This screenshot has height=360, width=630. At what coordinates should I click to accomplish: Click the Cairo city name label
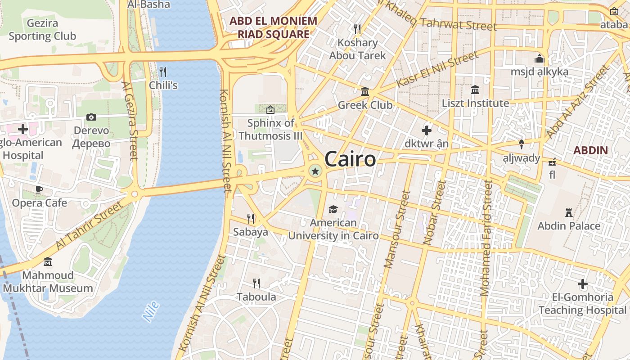[x=350, y=159]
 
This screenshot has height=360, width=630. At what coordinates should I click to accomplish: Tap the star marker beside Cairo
[x=315, y=171]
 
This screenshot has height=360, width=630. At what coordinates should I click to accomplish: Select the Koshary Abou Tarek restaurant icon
[x=357, y=29]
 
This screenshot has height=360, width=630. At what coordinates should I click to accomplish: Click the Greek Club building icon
[x=365, y=92]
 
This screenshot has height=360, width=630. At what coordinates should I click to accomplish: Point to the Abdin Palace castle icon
[x=569, y=212]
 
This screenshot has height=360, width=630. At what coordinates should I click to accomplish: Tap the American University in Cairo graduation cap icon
[x=333, y=209]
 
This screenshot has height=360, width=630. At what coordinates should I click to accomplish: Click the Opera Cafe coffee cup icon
[x=39, y=189]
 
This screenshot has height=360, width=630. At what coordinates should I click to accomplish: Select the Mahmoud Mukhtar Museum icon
[x=48, y=261]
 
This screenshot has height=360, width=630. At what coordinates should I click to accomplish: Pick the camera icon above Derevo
[x=91, y=117]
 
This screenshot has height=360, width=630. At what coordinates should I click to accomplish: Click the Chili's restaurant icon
[x=163, y=72]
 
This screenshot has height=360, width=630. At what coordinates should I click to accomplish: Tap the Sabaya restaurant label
[x=251, y=232]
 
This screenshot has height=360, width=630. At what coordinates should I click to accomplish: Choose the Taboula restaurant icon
[x=256, y=283]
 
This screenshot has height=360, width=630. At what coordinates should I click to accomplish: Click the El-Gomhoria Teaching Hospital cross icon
[x=583, y=284]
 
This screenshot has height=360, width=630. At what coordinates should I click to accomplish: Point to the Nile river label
[x=151, y=311]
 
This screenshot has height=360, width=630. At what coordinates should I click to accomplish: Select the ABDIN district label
[x=591, y=150]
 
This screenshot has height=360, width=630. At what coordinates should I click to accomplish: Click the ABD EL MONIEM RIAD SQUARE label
[x=274, y=27]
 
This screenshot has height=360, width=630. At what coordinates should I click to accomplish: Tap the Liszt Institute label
[x=475, y=103]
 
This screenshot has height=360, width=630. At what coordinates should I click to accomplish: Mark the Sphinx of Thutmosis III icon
[x=270, y=109]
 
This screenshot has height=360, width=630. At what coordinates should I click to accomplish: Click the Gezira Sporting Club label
[x=42, y=30]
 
